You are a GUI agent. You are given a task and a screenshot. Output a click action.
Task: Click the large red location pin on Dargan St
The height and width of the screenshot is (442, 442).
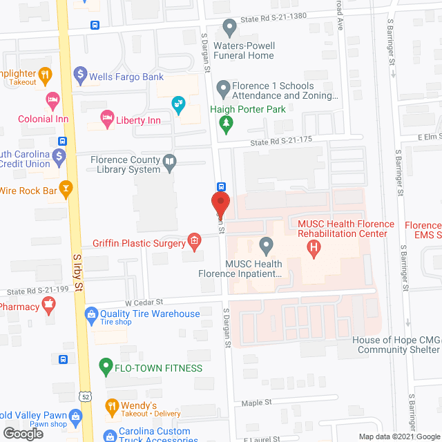click(x=220, y=203)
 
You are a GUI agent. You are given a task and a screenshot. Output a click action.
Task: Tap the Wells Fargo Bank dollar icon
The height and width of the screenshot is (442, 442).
click(x=80, y=73)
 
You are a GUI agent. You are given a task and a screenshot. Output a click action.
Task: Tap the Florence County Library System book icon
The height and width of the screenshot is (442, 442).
click(x=170, y=163)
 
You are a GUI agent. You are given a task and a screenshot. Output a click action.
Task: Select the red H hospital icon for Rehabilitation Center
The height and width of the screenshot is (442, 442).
click(x=314, y=247)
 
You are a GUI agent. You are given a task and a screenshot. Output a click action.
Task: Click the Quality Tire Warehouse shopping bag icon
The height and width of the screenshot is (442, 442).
click(x=90, y=314)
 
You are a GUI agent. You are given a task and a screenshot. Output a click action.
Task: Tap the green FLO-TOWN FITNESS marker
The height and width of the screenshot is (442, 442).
click(x=106, y=367)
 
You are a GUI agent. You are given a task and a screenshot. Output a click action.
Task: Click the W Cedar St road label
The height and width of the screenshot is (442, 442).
click(x=144, y=302)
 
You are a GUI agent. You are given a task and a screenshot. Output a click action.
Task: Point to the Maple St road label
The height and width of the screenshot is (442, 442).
click(x=256, y=402)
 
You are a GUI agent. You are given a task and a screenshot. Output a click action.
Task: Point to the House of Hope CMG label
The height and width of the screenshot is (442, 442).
click(x=396, y=340)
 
